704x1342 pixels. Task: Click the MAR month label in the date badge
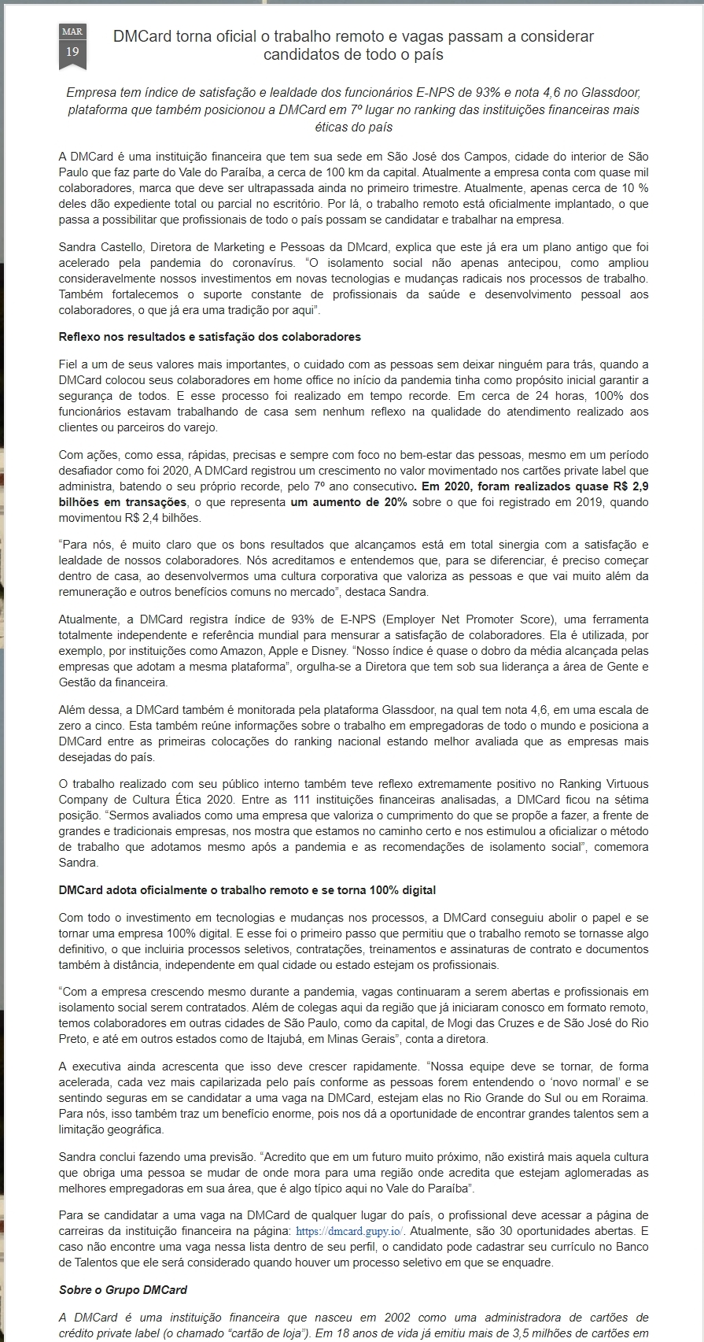tap(72, 31)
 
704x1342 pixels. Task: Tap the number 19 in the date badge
tap(72, 52)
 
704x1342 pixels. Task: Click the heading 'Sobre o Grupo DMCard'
tap(123, 1290)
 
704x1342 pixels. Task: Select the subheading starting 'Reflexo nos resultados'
tap(210, 337)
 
